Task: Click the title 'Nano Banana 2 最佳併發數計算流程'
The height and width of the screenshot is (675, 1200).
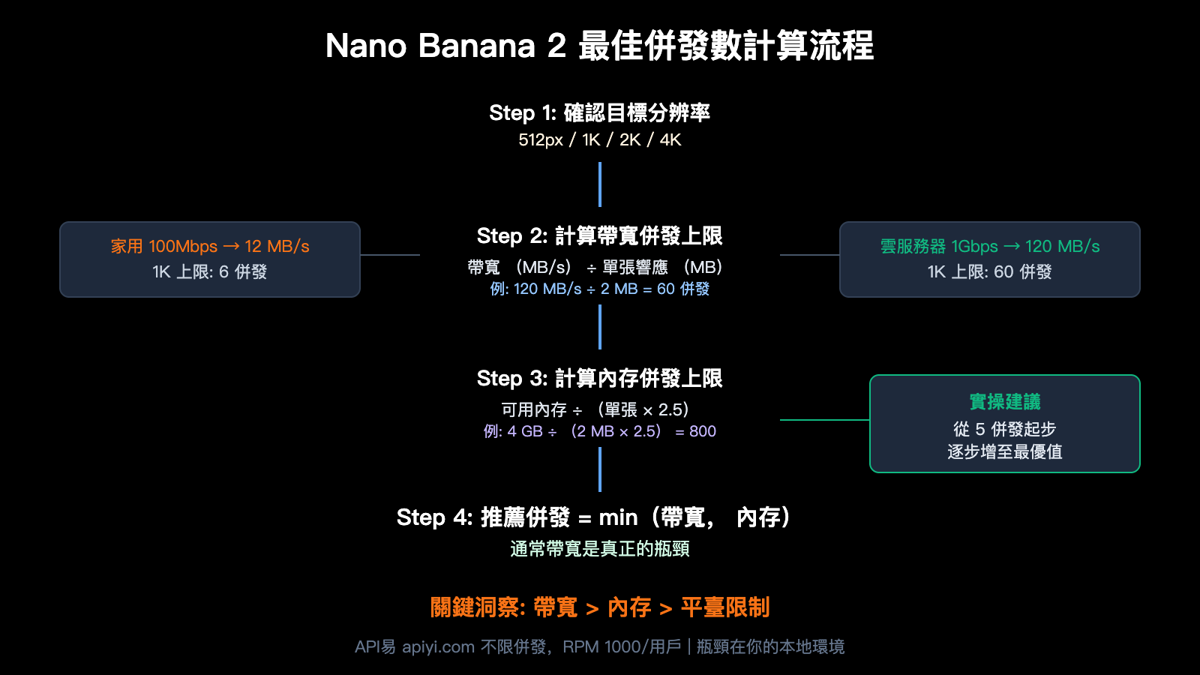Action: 599,46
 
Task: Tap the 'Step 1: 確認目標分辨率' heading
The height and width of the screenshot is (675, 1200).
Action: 599,113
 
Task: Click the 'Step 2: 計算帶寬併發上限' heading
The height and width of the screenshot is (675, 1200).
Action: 599,236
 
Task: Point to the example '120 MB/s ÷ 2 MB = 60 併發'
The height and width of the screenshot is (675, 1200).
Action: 599,289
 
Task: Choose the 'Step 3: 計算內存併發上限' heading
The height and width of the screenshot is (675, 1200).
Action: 599,379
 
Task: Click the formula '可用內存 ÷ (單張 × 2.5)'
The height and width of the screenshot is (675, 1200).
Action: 595,409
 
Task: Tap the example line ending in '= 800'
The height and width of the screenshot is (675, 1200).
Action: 599,431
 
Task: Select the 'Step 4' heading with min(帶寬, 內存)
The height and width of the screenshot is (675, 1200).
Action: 593,517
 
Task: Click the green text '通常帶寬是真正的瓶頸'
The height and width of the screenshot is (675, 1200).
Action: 599,549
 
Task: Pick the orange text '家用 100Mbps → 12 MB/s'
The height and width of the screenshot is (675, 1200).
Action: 210,246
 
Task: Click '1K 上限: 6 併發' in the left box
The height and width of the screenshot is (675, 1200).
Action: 210,271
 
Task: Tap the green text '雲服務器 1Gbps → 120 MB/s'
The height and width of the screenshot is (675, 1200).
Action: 990,246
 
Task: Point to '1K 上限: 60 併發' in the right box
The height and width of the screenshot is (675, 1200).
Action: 990,271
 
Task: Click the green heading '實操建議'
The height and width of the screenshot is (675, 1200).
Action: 1005,402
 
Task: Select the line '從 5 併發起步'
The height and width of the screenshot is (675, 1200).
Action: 1005,429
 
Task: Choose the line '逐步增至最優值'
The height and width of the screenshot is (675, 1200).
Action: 1005,451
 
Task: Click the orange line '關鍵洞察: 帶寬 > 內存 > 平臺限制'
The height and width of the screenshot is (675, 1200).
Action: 599,607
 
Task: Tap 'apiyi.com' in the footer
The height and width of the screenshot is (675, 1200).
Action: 438,646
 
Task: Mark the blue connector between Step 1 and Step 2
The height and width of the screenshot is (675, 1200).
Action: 600,184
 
